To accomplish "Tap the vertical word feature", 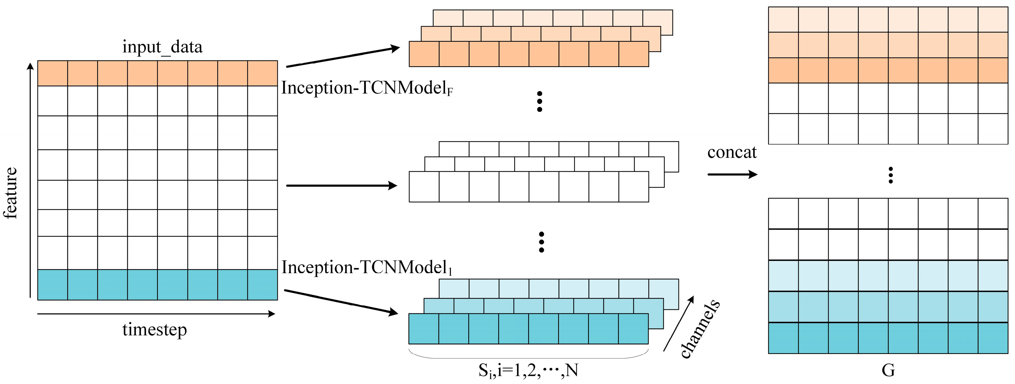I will [11, 193].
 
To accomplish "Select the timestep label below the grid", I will [154, 330].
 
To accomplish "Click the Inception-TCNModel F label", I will [366, 88].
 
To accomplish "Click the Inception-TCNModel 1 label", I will [366, 268].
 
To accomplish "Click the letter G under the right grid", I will [888, 370].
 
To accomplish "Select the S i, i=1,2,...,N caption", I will [528, 370].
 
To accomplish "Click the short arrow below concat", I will [732, 174].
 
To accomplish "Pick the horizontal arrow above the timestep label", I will [156, 314].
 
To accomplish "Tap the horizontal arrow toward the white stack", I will [341, 185].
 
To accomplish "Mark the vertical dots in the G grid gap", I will [891, 175].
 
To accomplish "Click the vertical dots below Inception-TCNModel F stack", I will [540, 102].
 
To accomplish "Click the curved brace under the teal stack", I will [528, 355].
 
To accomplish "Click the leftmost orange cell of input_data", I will [52, 73].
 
